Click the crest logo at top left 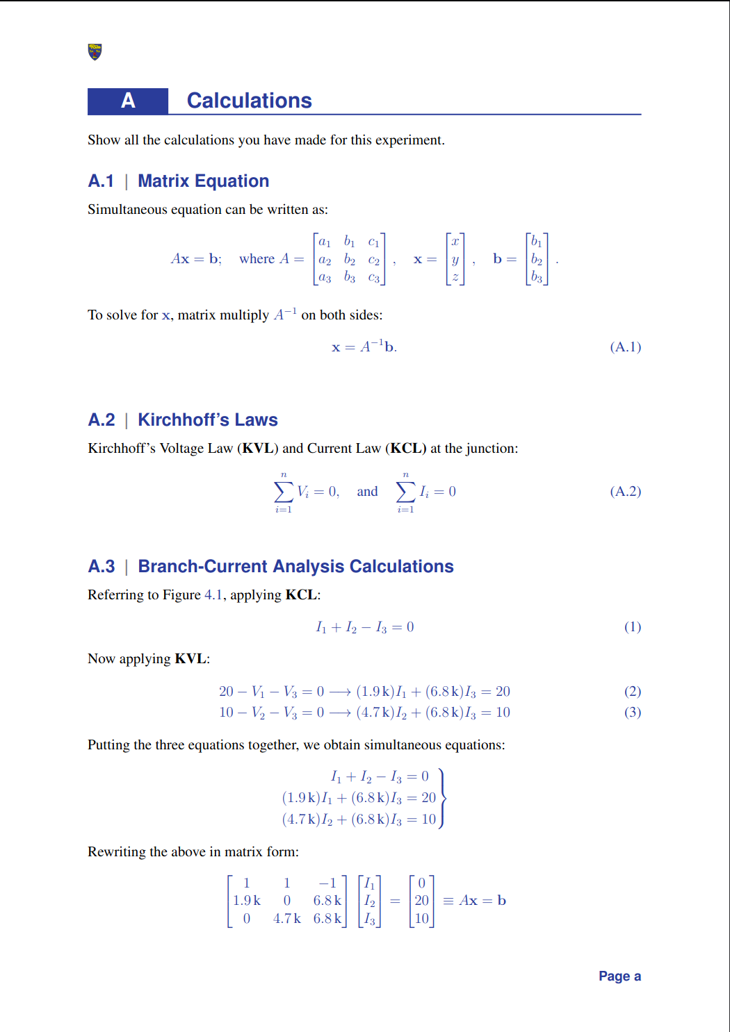(x=95, y=51)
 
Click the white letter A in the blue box (x=128, y=101)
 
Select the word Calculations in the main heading (x=249, y=101)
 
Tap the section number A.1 (x=101, y=181)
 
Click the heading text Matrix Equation (x=203, y=181)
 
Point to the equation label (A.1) (x=625, y=347)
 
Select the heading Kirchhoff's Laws (x=207, y=420)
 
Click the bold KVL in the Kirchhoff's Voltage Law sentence (x=257, y=449)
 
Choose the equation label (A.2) (x=625, y=492)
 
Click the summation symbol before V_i (x=283, y=492)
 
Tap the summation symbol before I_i (x=405, y=492)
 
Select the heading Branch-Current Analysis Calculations (x=295, y=567)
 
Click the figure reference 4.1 (x=213, y=595)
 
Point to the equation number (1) (x=632, y=627)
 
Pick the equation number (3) (x=632, y=713)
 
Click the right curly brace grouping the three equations (x=442, y=798)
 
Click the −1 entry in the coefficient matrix (x=327, y=883)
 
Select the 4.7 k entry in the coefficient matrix (x=286, y=919)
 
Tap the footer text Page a (x=619, y=976)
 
